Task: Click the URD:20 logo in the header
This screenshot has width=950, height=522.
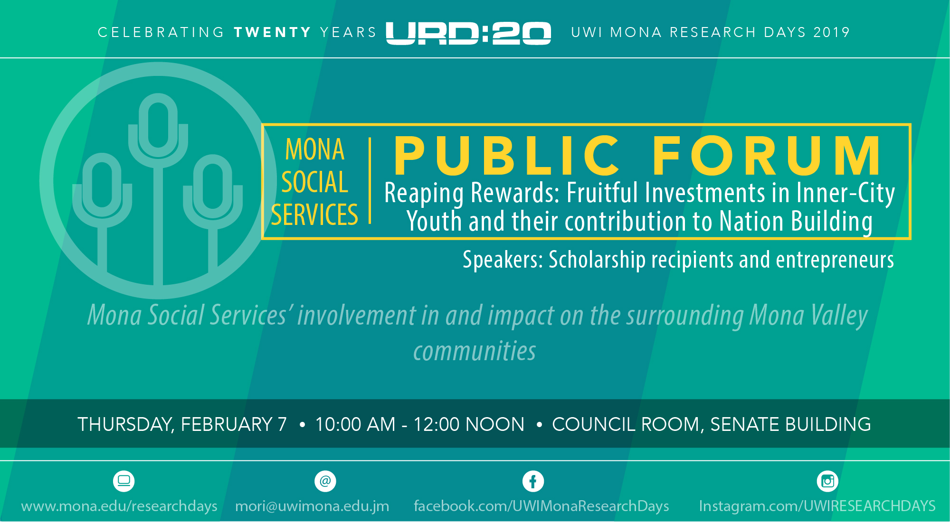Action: (468, 33)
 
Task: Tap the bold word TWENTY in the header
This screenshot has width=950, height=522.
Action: (273, 32)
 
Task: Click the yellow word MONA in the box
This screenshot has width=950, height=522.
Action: (314, 149)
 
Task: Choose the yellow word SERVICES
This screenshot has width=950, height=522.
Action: (314, 214)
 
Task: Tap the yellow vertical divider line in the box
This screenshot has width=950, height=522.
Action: (370, 181)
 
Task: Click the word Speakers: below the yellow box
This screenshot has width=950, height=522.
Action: (503, 260)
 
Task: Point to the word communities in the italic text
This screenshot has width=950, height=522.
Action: (475, 351)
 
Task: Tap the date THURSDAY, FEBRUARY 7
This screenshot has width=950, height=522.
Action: (182, 424)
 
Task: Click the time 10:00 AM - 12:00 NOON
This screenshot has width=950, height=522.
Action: (420, 424)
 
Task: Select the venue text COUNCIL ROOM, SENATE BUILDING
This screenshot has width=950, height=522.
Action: (712, 424)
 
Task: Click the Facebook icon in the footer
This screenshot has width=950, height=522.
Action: (533, 481)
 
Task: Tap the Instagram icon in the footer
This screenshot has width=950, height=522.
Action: (827, 481)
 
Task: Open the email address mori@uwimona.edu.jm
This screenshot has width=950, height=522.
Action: (312, 506)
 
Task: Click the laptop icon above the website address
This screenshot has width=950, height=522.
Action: (124, 481)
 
